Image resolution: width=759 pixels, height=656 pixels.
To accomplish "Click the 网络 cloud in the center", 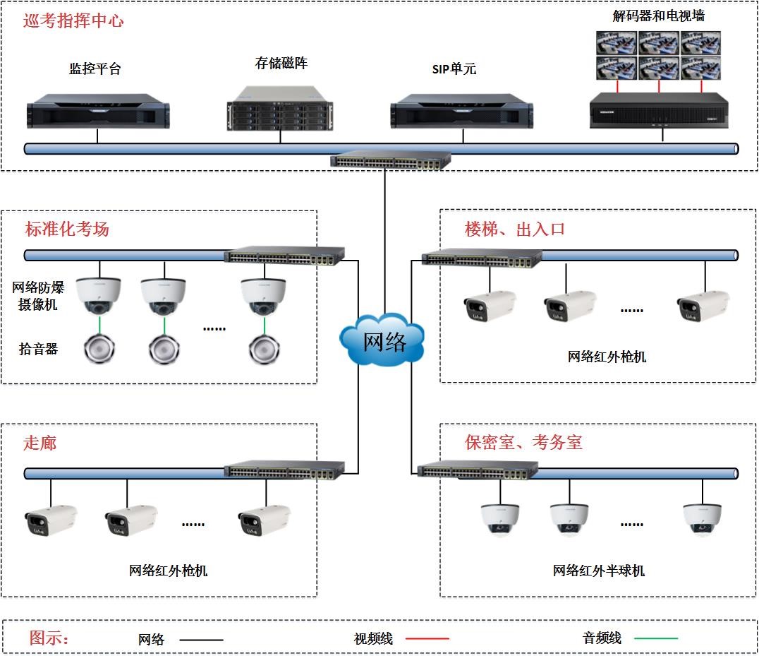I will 383,341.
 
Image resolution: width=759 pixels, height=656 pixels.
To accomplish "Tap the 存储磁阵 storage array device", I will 280,109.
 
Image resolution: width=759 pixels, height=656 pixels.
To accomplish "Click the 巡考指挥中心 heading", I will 73,21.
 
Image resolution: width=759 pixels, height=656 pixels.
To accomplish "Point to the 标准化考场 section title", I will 67,229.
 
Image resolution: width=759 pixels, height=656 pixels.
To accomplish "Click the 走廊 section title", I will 40,443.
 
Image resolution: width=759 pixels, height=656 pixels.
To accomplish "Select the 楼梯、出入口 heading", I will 515,229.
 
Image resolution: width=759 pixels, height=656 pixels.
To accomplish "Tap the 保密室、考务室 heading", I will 523,443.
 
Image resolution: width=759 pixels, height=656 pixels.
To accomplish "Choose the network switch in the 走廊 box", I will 284,469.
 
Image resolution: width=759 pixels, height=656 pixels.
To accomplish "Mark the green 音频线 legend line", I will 656,639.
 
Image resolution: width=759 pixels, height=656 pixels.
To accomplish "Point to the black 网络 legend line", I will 201,640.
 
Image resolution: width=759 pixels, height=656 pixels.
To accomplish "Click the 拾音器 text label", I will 38,349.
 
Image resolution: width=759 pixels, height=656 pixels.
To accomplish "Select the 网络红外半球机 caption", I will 598,571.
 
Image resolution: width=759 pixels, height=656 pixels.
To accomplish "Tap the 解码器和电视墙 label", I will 658,16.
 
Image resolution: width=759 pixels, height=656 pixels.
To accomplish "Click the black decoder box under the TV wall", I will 659,110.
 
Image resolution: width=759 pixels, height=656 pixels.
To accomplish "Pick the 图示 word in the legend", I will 49,638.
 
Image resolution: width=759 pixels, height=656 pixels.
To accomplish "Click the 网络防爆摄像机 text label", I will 38,296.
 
